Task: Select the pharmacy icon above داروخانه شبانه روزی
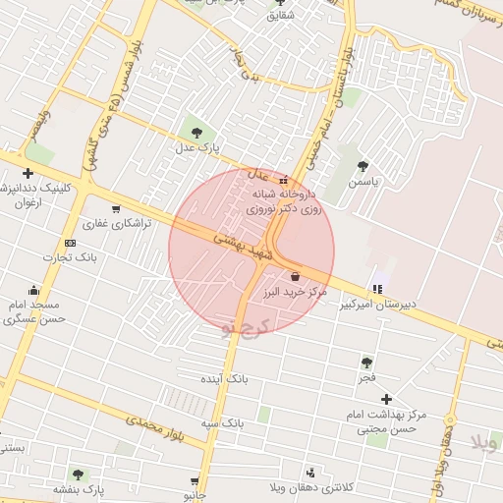(284, 181)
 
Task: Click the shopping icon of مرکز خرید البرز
(296, 276)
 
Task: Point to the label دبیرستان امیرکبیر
(378, 305)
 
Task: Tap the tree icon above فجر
(366, 363)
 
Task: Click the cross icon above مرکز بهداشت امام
(386, 399)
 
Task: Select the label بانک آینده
(225, 378)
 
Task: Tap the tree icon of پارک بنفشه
(79, 475)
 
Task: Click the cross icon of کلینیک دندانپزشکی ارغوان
(28, 174)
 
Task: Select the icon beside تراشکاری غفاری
(117, 208)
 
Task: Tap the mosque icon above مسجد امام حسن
(35, 290)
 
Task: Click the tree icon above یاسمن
(363, 166)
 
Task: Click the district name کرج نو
(244, 325)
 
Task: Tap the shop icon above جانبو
(195, 479)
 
